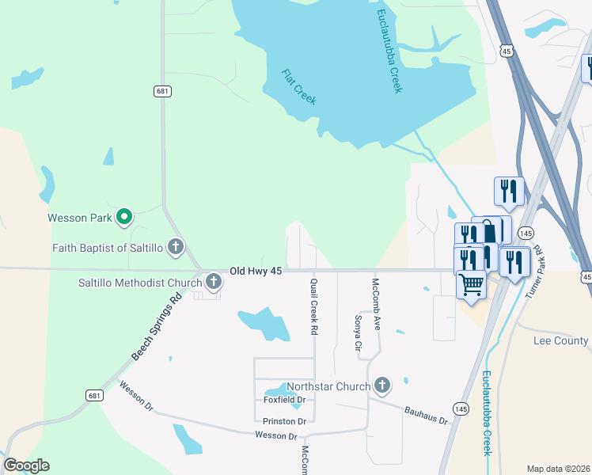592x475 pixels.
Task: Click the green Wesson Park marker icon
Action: (123, 216)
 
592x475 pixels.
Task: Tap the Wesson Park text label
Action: (80, 217)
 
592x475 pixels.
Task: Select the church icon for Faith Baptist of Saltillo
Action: (176, 248)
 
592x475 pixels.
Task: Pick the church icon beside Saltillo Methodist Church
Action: (213, 282)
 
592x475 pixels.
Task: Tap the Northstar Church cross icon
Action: (381, 386)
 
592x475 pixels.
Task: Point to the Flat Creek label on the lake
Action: (299, 87)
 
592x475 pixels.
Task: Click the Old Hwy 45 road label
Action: (256, 271)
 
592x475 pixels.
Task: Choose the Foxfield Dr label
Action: (284, 400)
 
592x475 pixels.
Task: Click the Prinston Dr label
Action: (284, 421)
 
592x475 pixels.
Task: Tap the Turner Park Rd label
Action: (535, 271)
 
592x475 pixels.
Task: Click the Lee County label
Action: (560, 340)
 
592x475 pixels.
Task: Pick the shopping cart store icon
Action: (471, 283)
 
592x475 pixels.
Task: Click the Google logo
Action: (26, 465)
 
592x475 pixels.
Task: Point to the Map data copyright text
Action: (558, 469)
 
